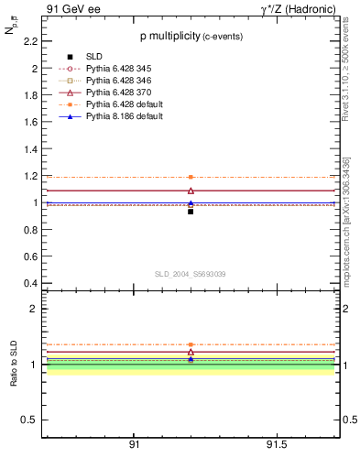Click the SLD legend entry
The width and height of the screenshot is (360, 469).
coord(93,57)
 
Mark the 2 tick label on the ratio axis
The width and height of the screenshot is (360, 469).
coord(34,309)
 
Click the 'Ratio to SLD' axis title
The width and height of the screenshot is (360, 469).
coord(15,364)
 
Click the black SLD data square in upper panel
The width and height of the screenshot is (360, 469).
coord(191,211)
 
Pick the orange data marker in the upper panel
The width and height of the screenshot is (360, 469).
coord(191,177)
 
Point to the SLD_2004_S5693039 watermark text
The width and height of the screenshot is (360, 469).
coord(190,274)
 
